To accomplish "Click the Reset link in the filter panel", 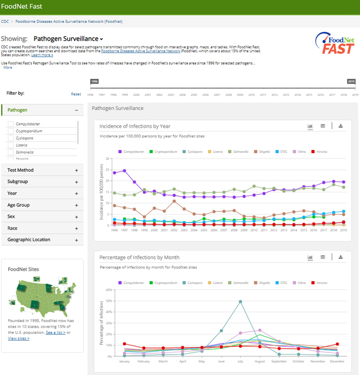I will (76, 94).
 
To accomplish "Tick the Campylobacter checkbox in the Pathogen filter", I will (10, 124).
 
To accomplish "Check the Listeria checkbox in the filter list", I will (10, 145).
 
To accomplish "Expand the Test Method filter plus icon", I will (76, 170).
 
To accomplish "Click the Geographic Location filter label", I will (29, 240).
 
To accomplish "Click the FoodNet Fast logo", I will (335, 44).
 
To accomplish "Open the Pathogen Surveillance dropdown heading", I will (68, 39).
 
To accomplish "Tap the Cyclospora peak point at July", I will (240, 301).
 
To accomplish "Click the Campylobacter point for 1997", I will (124, 170).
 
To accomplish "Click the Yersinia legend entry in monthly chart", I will (320, 283).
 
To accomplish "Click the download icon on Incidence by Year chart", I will (341, 126).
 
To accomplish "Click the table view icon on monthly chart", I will (323, 257).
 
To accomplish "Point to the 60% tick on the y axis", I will (109, 290).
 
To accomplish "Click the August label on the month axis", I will (260, 361).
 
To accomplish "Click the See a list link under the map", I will (55, 332).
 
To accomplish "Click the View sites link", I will (18, 338).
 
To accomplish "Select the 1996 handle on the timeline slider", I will (94, 82).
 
